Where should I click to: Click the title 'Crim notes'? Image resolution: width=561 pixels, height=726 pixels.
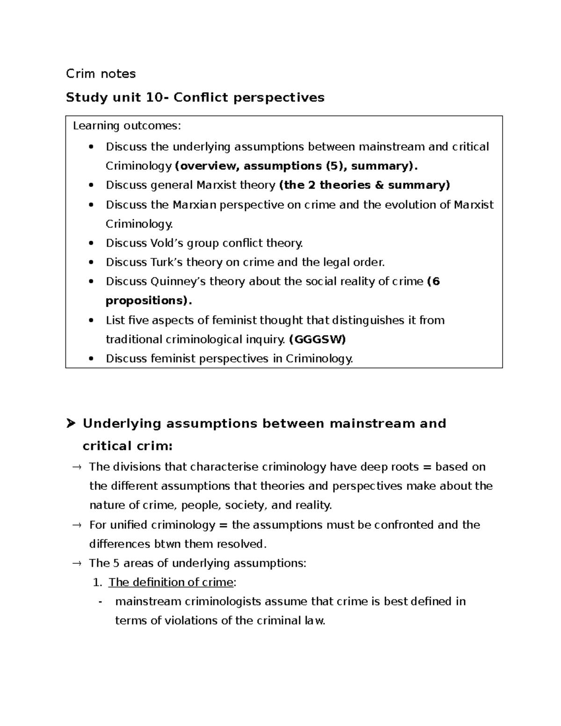click(x=101, y=74)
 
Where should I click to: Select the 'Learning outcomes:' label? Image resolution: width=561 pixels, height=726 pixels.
click(x=126, y=126)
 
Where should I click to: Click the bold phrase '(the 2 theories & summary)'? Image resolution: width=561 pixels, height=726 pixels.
click(x=364, y=185)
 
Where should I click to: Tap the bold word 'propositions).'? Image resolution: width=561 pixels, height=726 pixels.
click(x=149, y=301)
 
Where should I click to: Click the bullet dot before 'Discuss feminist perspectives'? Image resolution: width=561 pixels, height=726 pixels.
click(x=91, y=359)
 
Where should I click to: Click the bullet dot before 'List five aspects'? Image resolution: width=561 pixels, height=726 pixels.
click(x=91, y=320)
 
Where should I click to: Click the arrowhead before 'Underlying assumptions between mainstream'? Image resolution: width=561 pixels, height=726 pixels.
click(x=71, y=424)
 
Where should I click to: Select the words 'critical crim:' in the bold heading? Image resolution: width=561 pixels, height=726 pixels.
click(x=128, y=446)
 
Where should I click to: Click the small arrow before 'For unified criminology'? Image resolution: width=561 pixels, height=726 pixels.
click(x=76, y=525)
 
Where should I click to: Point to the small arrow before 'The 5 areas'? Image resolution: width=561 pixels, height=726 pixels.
click(x=76, y=563)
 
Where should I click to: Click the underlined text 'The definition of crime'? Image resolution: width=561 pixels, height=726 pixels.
click(x=171, y=582)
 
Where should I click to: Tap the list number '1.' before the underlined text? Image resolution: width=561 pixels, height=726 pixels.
click(x=97, y=582)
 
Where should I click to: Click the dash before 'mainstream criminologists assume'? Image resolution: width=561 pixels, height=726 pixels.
click(x=101, y=602)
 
